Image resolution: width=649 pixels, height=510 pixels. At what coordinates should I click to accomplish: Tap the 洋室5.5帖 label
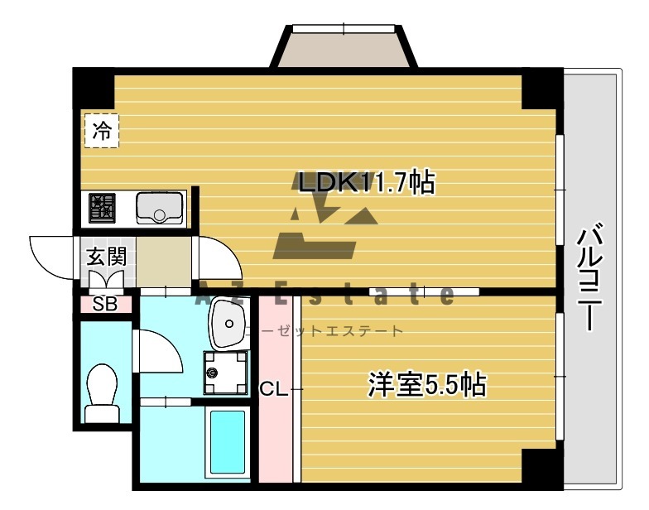426,385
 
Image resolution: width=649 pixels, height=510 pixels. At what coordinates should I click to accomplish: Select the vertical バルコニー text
589,277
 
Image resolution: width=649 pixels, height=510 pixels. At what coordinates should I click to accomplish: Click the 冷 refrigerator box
102,130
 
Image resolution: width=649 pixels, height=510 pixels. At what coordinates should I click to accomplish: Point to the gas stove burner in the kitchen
102,206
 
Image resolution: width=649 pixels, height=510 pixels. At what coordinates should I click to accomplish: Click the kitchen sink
160,207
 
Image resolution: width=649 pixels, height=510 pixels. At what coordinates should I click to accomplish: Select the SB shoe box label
105,304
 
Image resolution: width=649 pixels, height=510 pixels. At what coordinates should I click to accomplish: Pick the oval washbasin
228,324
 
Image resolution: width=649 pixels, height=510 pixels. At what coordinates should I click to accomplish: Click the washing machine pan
225,372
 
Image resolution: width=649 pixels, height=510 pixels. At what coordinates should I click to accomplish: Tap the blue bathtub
225,443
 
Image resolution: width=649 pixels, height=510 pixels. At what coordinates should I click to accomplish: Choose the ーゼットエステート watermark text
331,331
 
